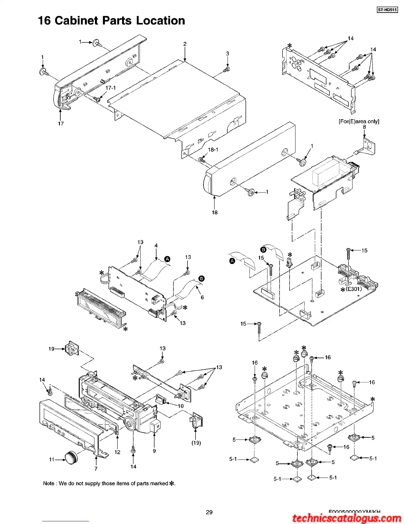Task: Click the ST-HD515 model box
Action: pos(387,10)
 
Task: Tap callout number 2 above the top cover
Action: pos(185,44)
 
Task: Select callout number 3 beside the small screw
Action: pos(228,54)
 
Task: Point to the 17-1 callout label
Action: pos(111,88)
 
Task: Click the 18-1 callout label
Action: pos(213,150)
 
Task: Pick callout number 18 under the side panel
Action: pos(215,212)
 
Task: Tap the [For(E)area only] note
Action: pos(359,121)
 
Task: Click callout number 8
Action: pos(364,127)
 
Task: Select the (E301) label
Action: pos(354,289)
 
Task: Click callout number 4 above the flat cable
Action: pos(156,245)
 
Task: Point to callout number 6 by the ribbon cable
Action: pos(202,297)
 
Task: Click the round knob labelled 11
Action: pos(71,457)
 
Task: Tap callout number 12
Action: pos(117,452)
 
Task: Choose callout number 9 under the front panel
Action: pos(154,451)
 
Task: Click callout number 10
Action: pos(181,406)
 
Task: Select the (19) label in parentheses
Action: pos(196,443)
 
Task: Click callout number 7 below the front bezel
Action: pos(96,469)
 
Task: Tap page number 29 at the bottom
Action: pos(209,512)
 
